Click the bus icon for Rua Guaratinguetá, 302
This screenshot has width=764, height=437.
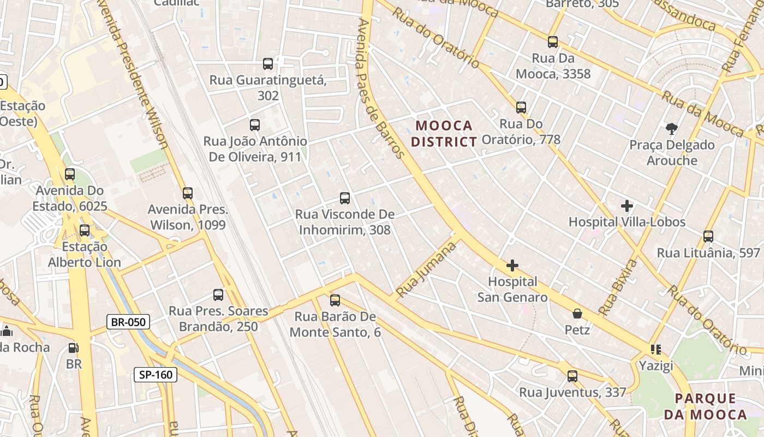268,64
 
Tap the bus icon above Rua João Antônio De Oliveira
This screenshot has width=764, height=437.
254,125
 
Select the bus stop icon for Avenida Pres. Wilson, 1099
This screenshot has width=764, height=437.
188,193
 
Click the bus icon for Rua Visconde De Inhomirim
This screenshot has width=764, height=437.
345,198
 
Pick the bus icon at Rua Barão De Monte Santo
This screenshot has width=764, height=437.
335,300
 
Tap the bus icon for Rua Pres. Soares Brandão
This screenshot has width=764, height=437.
218,296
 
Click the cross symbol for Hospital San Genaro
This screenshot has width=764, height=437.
512,266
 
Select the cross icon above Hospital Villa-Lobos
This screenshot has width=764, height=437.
627,206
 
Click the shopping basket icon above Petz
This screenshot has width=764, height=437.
577,314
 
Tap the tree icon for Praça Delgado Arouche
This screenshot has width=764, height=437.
672,129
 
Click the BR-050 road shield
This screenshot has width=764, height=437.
128,322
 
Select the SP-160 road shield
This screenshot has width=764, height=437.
156,375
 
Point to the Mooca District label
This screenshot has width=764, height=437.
444,134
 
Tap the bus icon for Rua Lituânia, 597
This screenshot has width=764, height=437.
708,237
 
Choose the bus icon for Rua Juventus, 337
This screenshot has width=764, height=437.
572,376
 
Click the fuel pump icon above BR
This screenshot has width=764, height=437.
73,348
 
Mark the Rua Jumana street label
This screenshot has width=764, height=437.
426,270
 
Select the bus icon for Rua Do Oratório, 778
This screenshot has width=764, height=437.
521,108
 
